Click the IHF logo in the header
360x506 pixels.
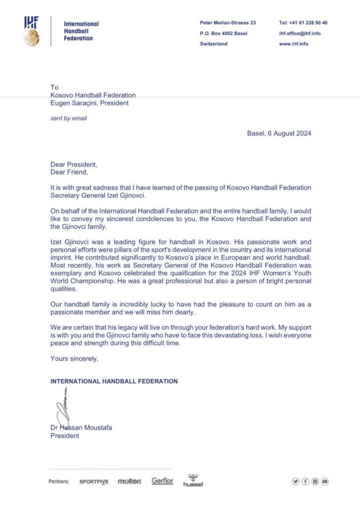(x=32, y=31)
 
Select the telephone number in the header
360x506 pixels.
(x=303, y=23)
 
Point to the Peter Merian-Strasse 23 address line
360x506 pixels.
(x=228, y=23)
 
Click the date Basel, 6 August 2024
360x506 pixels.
(x=279, y=133)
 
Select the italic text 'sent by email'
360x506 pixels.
(x=69, y=119)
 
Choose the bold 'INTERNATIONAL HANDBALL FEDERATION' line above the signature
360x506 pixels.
(x=114, y=381)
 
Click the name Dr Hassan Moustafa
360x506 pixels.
(x=81, y=427)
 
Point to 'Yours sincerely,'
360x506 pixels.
(x=74, y=359)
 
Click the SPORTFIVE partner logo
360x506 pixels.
(x=94, y=481)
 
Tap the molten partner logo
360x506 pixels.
(x=129, y=481)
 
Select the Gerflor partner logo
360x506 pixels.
(x=162, y=481)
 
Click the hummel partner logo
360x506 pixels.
(x=193, y=480)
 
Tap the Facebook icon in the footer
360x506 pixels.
(x=305, y=481)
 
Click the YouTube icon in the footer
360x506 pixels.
(x=324, y=481)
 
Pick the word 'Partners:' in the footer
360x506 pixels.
(x=59, y=481)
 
